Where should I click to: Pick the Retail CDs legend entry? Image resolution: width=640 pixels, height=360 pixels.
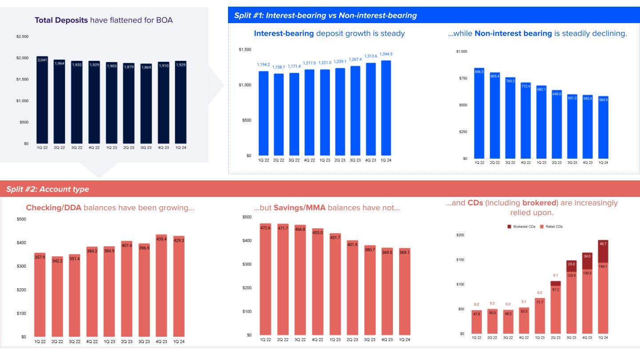tap(551, 227)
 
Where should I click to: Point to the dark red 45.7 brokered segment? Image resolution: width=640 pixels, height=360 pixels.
tap(603, 251)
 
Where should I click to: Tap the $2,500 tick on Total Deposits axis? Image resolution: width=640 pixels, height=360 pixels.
tap(22, 36)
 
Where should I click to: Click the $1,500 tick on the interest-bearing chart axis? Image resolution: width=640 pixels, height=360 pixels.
tap(244, 49)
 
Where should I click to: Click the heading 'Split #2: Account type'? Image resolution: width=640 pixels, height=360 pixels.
tap(48, 189)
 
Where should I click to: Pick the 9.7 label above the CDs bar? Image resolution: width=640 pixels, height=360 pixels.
tap(556, 276)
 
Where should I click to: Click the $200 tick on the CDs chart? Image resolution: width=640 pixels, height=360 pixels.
tap(460, 235)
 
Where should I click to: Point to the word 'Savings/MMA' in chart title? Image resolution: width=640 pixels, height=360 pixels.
tap(300, 208)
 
